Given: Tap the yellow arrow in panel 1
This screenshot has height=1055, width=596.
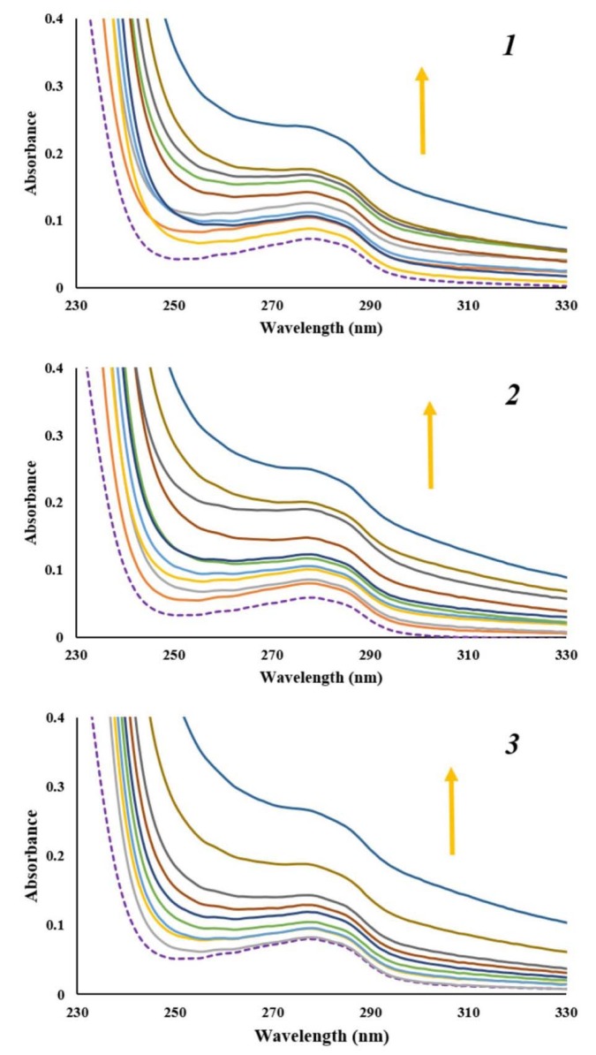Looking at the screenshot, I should [422, 110].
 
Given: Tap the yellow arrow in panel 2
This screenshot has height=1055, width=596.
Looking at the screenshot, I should [430, 444].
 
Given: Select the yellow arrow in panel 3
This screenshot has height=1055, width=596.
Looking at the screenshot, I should [451, 810].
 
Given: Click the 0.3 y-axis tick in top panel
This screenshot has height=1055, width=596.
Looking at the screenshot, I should [61, 86].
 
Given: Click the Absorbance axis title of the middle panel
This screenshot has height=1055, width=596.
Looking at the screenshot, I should [32, 501].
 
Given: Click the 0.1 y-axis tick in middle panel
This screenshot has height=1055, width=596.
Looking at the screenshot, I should [61, 570].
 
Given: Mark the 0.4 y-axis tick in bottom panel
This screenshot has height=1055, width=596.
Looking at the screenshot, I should [61, 718].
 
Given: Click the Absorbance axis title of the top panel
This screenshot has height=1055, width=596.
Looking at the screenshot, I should [32, 152].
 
